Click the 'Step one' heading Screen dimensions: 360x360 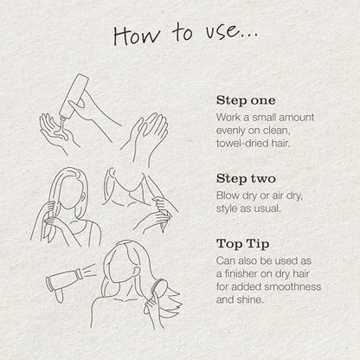246,100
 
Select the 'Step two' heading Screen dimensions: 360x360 246,178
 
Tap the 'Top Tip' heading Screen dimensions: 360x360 242,244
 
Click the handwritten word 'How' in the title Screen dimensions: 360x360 136,35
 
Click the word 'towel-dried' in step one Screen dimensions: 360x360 242,143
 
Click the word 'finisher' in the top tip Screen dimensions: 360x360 240,273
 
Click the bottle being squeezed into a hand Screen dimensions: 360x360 74,96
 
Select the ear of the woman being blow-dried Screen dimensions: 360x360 136,272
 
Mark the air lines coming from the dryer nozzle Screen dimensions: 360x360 90,269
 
